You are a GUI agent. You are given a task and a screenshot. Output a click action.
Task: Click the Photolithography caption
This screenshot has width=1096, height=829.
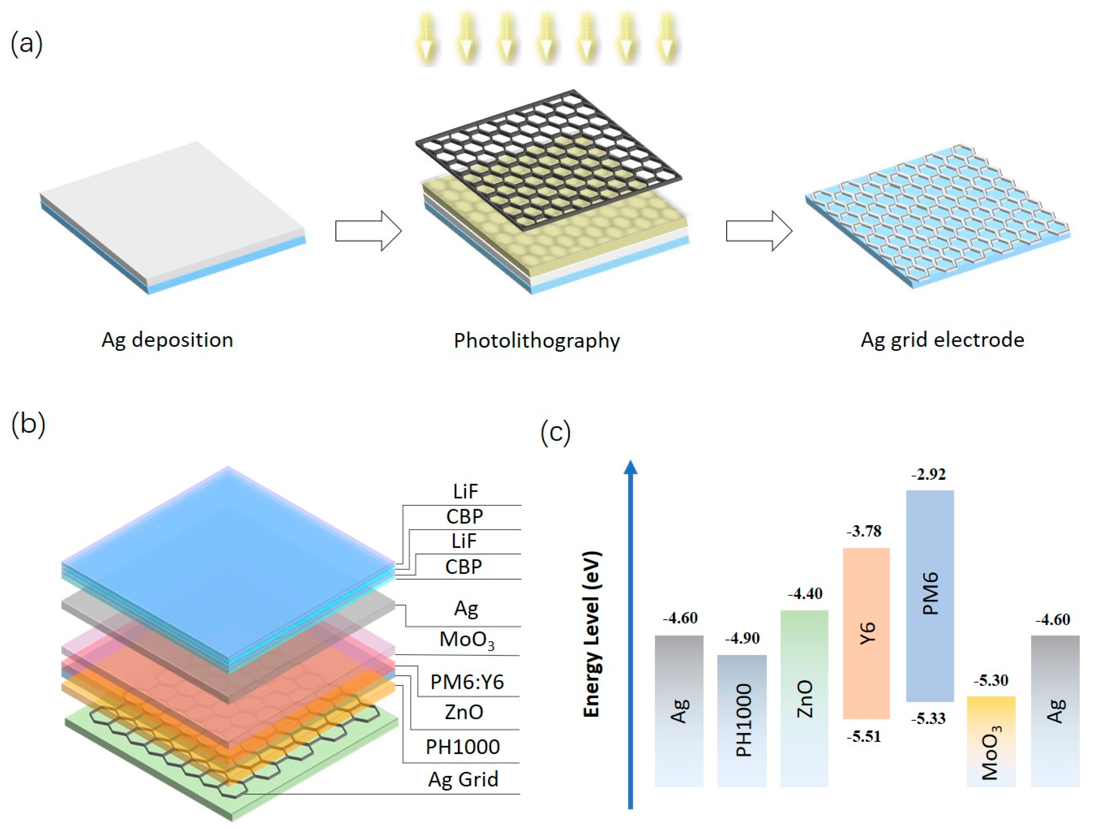[537, 341]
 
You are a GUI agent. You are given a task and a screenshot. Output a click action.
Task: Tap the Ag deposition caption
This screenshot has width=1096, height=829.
[167, 340]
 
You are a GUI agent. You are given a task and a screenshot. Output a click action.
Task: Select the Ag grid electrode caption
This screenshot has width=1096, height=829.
[942, 340]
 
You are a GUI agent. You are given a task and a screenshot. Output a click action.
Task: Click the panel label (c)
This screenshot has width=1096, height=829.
[555, 432]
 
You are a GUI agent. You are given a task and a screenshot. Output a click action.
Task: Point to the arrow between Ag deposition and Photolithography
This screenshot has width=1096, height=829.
[368, 231]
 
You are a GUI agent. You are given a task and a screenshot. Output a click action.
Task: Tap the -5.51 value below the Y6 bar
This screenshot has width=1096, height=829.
[864, 737]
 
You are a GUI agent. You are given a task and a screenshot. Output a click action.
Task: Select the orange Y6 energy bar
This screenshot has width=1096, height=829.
[866, 633]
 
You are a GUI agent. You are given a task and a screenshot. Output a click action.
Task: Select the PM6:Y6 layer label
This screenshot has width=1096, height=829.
[467, 682]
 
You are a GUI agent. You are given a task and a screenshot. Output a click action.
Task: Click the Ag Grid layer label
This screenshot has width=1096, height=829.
[463, 779]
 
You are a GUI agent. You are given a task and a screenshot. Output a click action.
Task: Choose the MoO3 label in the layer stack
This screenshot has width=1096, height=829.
[467, 640]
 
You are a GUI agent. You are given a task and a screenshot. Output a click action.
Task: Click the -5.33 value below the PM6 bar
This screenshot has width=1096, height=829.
[928, 718]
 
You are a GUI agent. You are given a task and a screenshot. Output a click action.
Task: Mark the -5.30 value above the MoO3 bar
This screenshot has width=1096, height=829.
[991, 680]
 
